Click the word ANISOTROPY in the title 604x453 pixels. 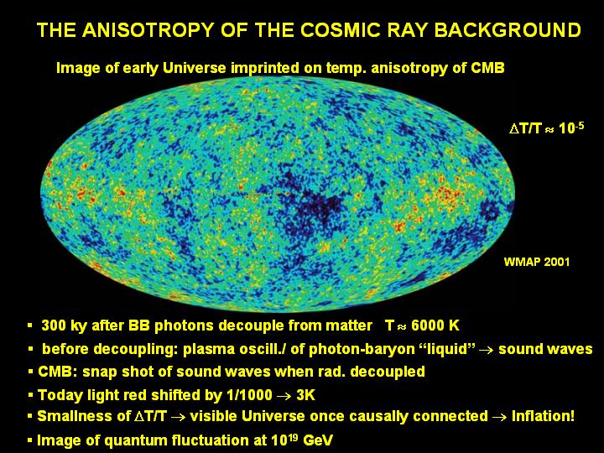148,30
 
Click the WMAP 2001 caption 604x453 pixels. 537,262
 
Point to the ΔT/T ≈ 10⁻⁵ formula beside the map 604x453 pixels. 547,128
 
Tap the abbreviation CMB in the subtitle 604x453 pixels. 487,68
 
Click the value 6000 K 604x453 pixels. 435,325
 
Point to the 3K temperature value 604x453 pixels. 306,395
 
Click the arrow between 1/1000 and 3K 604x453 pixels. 284,396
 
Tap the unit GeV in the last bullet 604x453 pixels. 318,440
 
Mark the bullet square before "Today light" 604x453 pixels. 30,395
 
